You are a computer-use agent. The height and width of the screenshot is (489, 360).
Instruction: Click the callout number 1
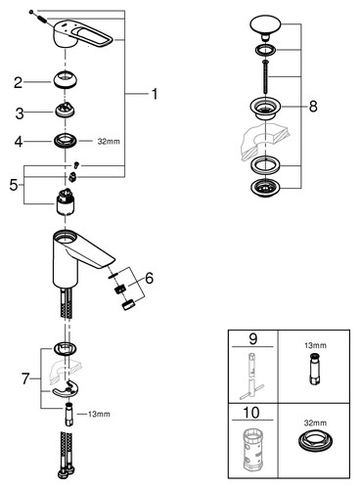(x=155, y=94)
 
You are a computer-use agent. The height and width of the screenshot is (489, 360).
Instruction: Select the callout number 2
(x=18, y=82)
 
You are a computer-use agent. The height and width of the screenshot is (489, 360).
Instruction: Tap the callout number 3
(x=20, y=113)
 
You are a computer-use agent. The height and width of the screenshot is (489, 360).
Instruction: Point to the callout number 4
(x=19, y=142)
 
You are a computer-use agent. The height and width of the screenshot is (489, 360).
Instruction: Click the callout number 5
(x=14, y=185)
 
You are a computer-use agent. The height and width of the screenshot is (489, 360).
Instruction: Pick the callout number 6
(x=149, y=278)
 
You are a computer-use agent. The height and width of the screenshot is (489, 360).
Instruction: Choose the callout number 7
(x=25, y=378)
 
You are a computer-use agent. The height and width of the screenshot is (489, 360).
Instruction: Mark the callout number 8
(x=313, y=107)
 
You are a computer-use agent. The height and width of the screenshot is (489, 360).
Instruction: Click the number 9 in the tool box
(x=253, y=339)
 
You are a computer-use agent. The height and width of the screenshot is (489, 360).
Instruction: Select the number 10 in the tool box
(x=251, y=413)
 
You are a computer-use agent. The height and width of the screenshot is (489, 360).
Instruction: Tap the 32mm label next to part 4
(x=109, y=142)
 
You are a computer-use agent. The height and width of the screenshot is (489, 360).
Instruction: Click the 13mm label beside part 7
(x=99, y=414)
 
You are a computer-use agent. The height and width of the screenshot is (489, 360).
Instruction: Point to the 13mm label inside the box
(x=315, y=345)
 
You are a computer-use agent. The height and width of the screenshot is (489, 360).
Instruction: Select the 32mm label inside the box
(x=315, y=422)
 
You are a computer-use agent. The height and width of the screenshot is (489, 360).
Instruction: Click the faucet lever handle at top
(x=83, y=35)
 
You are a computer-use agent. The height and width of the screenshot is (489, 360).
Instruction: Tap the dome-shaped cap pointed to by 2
(x=65, y=78)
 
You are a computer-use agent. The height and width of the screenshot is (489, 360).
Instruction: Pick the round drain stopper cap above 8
(x=265, y=26)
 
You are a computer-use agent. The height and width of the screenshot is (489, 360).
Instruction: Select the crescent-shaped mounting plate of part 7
(x=66, y=389)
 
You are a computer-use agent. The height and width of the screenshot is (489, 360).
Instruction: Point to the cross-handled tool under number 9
(x=251, y=377)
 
